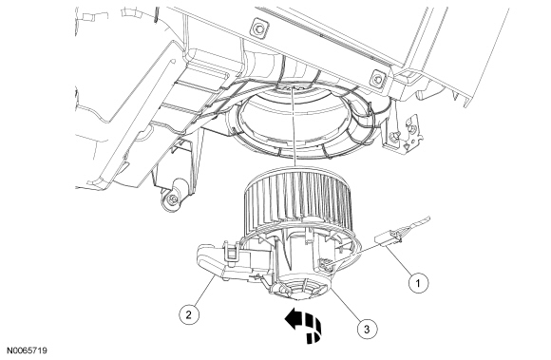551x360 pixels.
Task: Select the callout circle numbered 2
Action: click(189, 314)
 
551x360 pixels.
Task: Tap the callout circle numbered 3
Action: click(367, 329)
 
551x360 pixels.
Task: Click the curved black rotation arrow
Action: click(304, 327)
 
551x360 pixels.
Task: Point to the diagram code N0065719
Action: click(28, 351)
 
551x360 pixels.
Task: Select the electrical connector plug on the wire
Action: click(389, 237)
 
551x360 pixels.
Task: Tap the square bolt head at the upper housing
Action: click(259, 28)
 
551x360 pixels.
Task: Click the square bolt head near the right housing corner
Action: click(379, 78)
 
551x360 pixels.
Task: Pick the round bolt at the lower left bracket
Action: click(172, 199)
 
